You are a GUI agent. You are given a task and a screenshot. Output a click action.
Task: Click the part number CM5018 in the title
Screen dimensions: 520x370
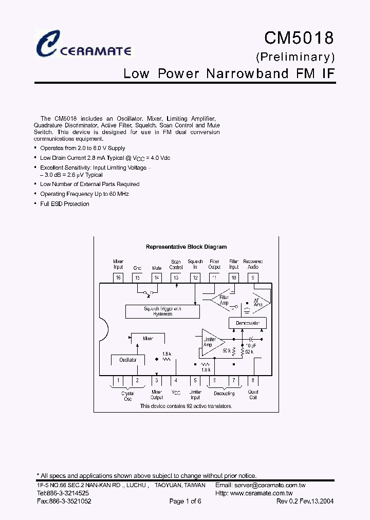click(x=299, y=38)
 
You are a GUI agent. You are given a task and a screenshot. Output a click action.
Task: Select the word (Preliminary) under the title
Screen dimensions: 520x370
click(x=295, y=56)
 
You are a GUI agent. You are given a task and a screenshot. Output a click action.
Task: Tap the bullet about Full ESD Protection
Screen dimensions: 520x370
click(x=64, y=204)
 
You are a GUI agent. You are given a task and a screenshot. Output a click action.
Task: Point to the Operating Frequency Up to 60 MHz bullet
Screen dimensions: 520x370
click(x=84, y=194)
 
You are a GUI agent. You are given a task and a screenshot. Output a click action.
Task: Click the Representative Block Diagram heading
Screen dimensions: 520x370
click(x=186, y=247)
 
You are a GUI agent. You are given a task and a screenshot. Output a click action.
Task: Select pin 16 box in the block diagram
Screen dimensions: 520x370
click(x=118, y=277)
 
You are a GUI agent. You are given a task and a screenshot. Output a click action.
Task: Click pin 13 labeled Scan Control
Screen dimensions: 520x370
click(x=176, y=277)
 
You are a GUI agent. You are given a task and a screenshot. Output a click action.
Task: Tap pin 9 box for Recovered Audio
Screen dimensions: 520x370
click(x=253, y=277)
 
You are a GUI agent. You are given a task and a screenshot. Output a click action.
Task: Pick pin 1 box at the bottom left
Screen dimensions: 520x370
click(x=118, y=381)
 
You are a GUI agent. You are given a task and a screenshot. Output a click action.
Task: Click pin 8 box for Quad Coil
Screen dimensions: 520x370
click(x=253, y=381)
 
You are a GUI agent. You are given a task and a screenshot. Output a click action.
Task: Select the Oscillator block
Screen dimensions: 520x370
click(x=128, y=360)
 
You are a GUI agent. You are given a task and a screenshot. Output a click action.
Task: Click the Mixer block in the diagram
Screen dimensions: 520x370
click(x=148, y=339)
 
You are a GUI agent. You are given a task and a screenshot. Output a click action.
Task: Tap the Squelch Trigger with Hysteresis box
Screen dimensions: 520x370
click(x=162, y=311)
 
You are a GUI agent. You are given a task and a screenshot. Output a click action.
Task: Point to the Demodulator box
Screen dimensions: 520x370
click(x=248, y=323)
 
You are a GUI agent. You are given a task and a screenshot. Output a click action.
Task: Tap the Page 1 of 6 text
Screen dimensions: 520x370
click(x=185, y=502)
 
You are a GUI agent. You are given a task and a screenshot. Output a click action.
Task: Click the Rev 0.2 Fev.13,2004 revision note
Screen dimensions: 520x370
click(x=305, y=502)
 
